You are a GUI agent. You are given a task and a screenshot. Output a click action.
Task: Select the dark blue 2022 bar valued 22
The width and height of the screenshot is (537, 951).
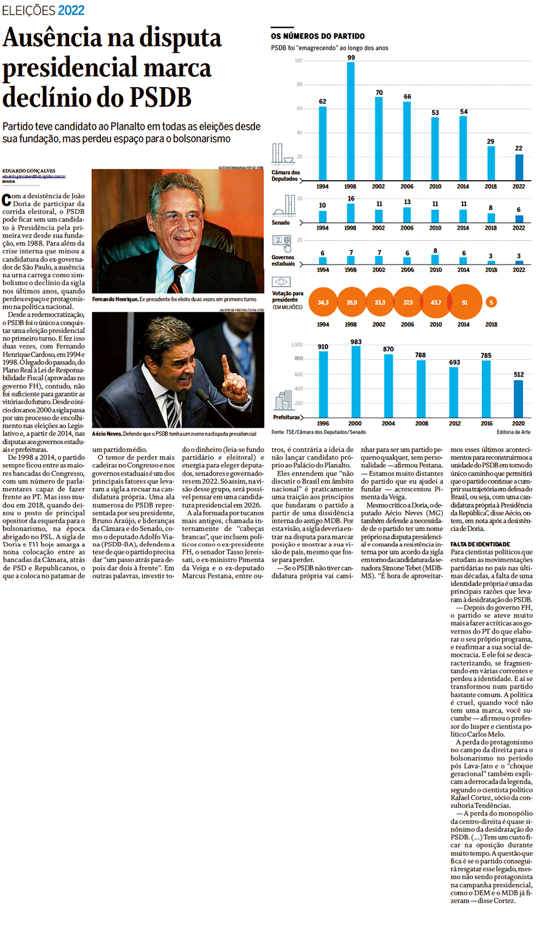coord(519,167)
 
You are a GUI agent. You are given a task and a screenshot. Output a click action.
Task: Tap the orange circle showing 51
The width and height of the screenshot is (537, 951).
coord(464,302)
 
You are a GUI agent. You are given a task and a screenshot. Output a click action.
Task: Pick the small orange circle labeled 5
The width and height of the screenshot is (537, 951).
coord(491,302)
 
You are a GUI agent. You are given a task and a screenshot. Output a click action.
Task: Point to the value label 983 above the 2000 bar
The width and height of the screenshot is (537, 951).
coord(356,342)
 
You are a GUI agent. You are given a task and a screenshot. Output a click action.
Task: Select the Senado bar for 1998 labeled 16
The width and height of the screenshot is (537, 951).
coord(351,213)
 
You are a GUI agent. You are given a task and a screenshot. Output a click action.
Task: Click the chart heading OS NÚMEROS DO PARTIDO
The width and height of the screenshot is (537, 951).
coord(318,36)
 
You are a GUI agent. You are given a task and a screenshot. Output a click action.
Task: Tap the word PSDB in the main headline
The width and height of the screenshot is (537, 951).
coord(159,97)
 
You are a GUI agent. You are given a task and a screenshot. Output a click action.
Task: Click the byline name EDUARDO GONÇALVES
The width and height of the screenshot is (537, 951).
coord(29,171)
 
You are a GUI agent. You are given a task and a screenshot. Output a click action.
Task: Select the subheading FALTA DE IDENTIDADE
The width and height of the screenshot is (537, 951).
coord(480,544)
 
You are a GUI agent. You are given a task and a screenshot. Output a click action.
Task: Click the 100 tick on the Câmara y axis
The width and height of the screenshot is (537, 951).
coord(298,61)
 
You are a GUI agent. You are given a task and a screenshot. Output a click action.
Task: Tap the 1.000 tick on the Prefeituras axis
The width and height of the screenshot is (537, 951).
coord(297,345)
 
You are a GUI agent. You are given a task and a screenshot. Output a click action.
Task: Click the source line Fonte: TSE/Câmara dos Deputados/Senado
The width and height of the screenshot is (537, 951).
coord(318,432)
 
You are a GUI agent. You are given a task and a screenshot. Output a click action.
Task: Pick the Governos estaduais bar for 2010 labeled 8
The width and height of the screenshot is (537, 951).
coord(435,259)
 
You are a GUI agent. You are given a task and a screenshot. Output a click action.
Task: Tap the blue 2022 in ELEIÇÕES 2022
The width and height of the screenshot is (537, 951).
coord(71,10)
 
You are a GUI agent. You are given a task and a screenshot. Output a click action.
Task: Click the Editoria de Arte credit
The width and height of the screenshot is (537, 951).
coord(513,432)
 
